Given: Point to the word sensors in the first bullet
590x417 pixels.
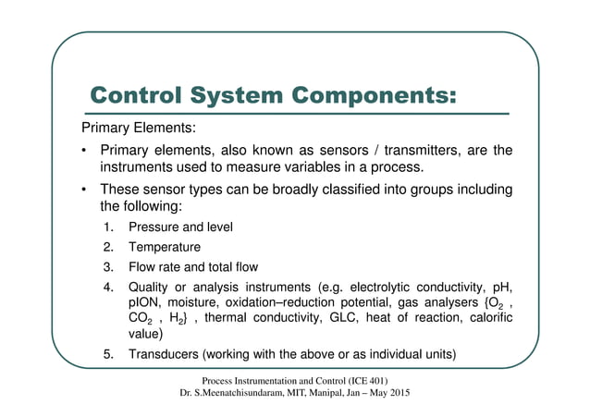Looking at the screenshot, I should point(330,151).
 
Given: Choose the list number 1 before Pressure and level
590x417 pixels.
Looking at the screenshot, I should point(108,227).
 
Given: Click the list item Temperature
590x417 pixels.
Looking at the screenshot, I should point(164,247).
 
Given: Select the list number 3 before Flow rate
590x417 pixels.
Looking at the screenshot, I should point(108,267).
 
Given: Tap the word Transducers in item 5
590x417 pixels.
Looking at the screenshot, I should point(163,356).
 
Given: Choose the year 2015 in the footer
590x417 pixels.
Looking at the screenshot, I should point(396,394).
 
